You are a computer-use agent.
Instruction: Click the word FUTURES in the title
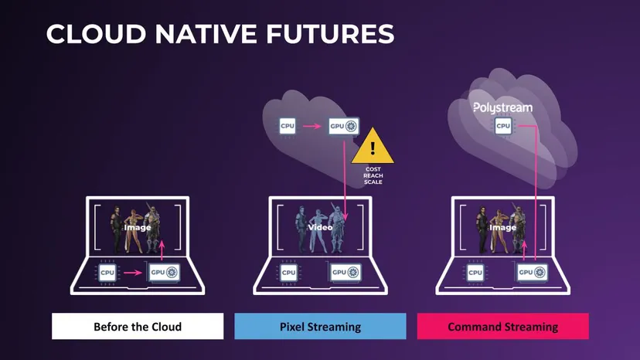tap(330, 33)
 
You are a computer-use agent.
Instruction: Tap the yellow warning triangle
tap(373, 146)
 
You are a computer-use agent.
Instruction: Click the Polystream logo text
tap(503, 107)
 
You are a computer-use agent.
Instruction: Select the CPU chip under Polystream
tap(503, 126)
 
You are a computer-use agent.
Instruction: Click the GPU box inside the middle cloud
tap(344, 126)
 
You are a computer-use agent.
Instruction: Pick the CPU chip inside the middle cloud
tap(288, 126)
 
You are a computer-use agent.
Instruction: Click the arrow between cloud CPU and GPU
tap(312, 126)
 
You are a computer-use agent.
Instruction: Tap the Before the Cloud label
tap(138, 326)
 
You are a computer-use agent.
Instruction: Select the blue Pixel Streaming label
tap(320, 326)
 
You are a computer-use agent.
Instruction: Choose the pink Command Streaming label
tap(503, 326)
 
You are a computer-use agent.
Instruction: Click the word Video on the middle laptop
tap(320, 227)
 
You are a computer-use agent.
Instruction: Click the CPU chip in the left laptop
tap(107, 273)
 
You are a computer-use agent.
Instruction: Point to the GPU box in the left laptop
tap(164, 272)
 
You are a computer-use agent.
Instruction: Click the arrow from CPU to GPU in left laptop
tap(133, 272)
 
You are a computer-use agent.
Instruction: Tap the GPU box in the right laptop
tap(533, 272)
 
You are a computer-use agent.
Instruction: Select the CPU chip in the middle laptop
tap(288, 273)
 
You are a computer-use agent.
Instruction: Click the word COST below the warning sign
tap(373, 169)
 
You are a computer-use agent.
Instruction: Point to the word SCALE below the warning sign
tap(373, 182)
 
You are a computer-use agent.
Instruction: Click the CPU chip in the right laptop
tap(475, 273)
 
